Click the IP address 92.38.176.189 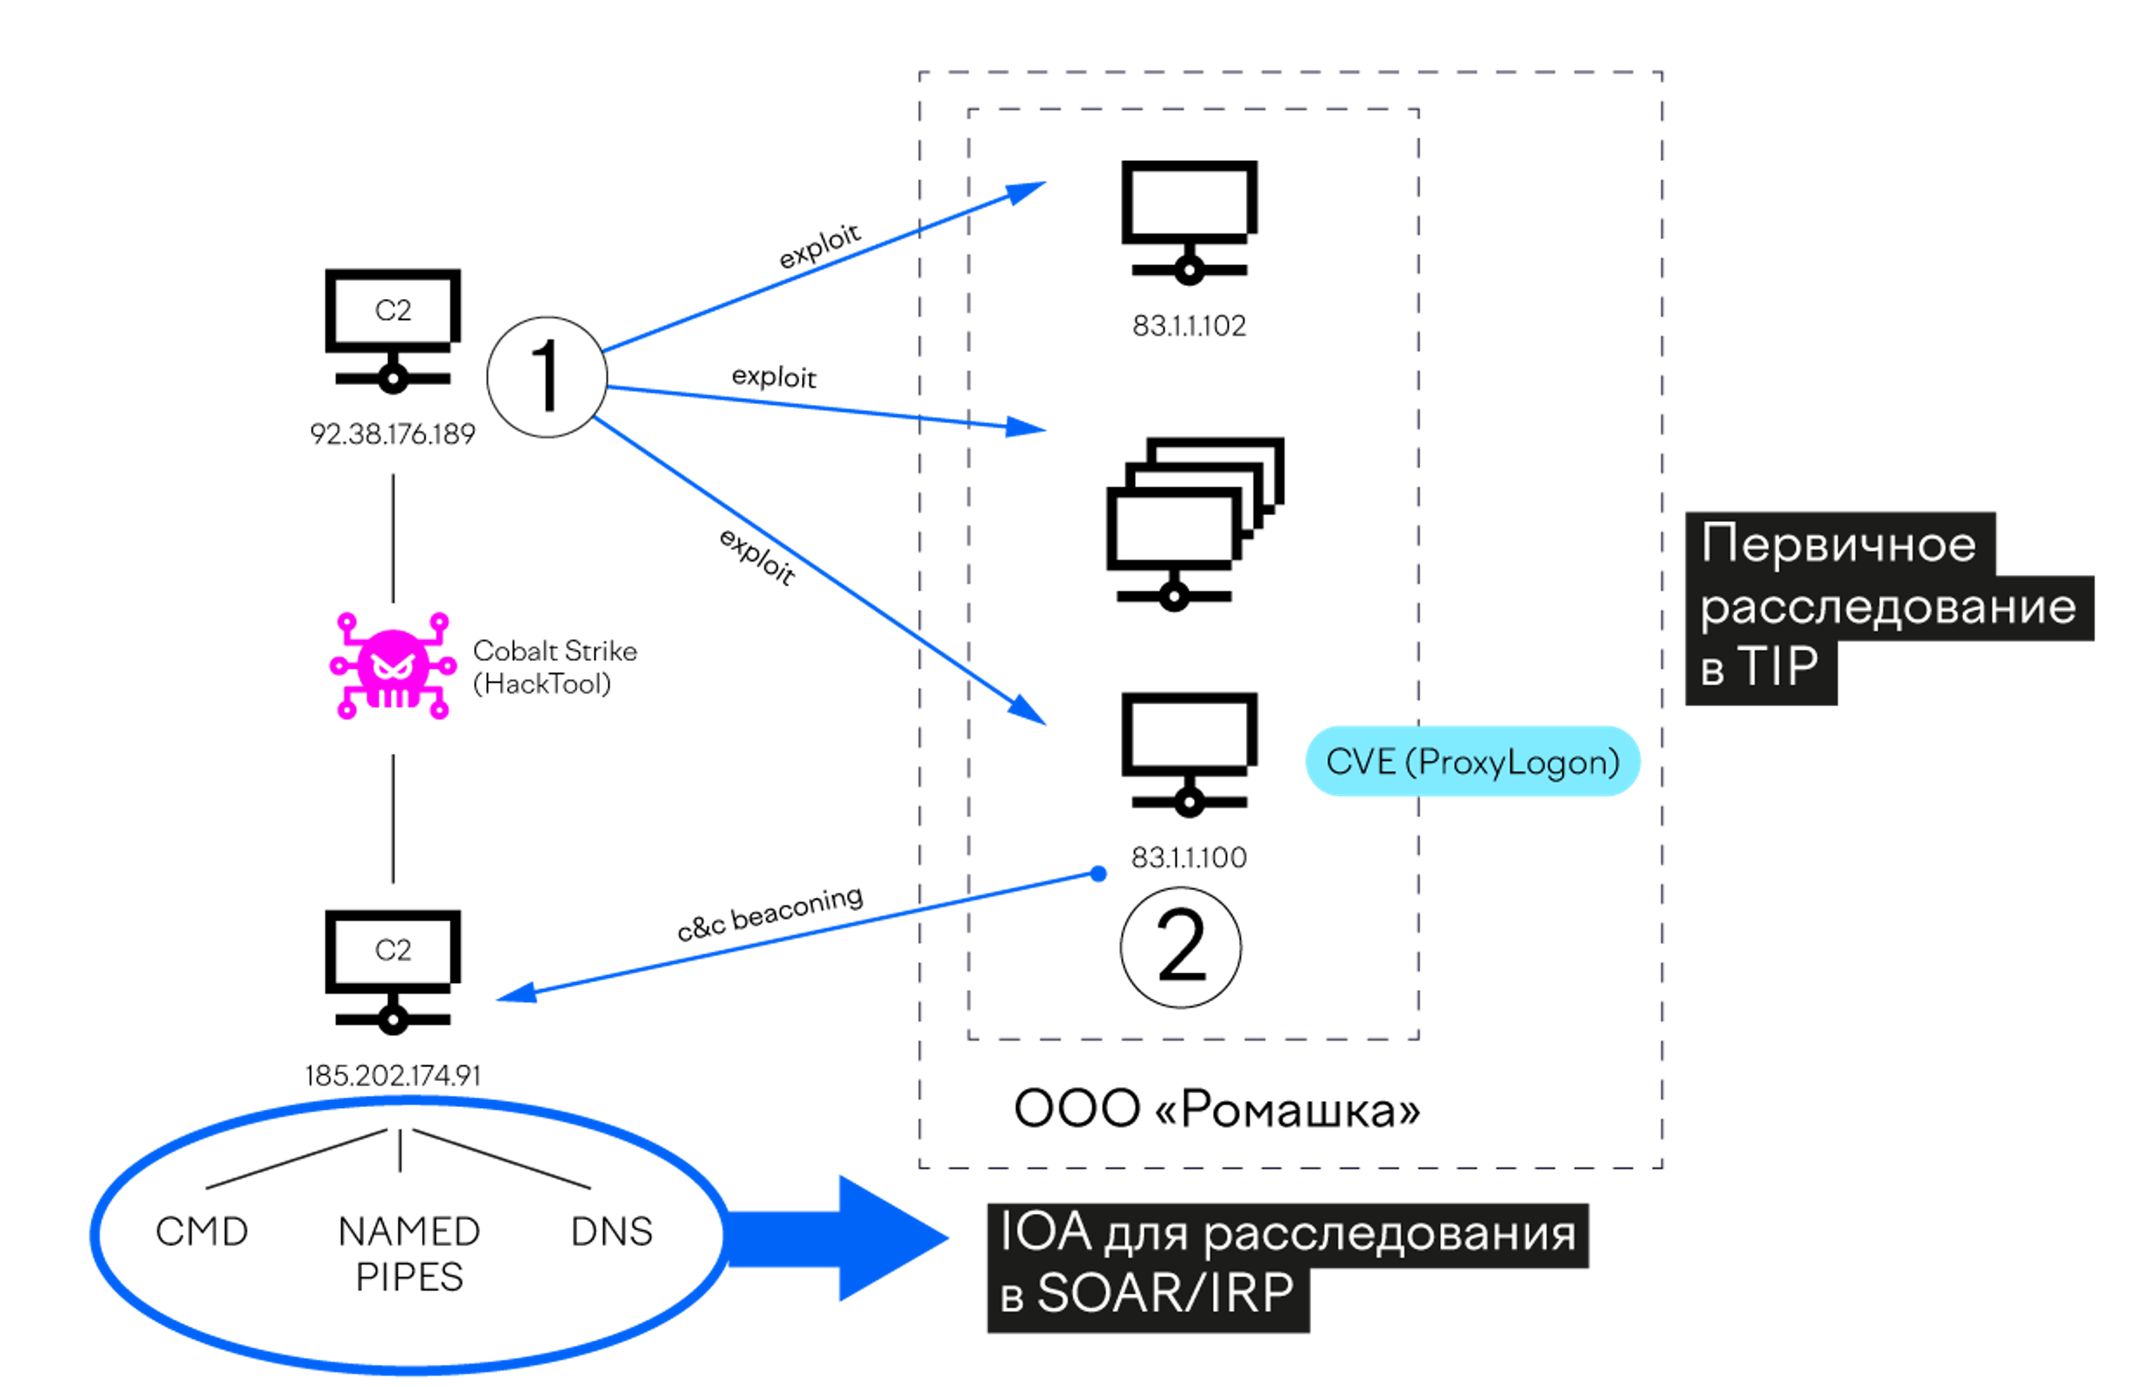393,435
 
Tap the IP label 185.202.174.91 393,1075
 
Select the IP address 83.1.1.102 1188,325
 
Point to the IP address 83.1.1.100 1188,857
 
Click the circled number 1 547,377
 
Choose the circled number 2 1181,947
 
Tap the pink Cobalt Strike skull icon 393,666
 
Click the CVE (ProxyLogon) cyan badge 1473,762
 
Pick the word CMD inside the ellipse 201,1232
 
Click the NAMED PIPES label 409,1254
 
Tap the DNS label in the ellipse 612,1232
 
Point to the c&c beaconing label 770,913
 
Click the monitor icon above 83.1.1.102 1188,222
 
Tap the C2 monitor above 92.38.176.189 393,331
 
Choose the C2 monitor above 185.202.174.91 393,973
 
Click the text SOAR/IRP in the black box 1166,1293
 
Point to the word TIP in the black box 1779,666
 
